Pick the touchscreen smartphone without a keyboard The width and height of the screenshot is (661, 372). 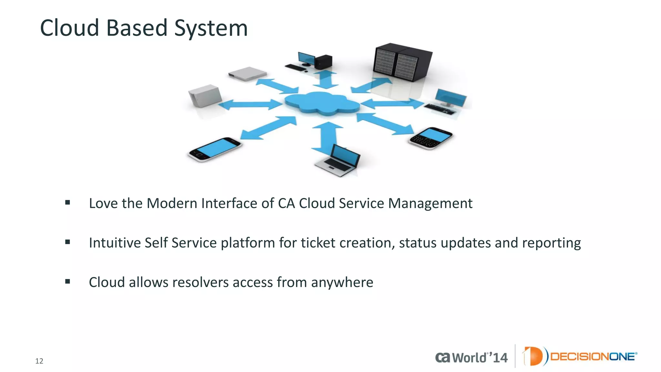(215, 149)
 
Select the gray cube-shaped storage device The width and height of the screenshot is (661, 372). (205, 96)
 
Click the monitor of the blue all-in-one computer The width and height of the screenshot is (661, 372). (451, 98)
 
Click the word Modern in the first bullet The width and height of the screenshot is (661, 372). (172, 203)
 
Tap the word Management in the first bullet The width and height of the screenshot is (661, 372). (430, 203)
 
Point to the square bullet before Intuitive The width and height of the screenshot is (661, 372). (67, 242)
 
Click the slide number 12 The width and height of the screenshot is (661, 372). (39, 361)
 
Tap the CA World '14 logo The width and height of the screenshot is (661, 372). (471, 357)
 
